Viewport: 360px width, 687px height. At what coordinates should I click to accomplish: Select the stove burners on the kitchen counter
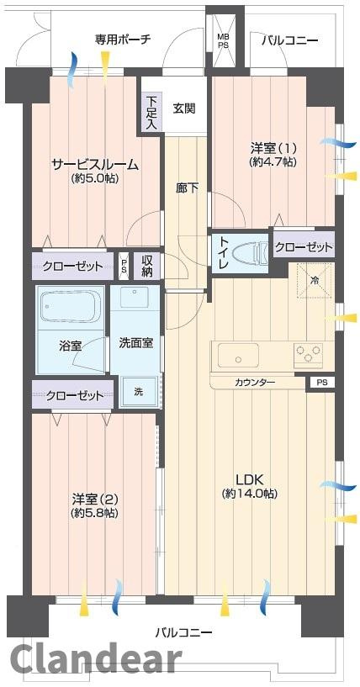tap(307, 353)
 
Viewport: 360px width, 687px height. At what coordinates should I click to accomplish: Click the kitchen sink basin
tap(239, 355)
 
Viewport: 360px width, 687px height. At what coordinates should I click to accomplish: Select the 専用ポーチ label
tap(122, 39)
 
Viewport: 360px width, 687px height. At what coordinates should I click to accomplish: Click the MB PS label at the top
tap(223, 41)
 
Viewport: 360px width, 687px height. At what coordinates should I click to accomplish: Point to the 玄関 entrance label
tap(184, 108)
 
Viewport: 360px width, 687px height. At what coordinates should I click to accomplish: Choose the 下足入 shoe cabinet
tap(151, 113)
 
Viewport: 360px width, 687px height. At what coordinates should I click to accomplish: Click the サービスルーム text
tap(94, 164)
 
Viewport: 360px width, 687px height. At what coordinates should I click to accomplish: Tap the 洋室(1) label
tap(272, 148)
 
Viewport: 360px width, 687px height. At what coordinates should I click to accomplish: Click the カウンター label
tap(255, 383)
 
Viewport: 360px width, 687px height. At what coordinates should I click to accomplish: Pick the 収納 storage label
tap(147, 267)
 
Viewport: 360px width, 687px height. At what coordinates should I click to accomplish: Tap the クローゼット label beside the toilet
tap(304, 248)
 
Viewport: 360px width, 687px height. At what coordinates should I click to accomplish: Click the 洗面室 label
tap(135, 343)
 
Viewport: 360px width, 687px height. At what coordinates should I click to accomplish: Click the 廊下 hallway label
tap(188, 188)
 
